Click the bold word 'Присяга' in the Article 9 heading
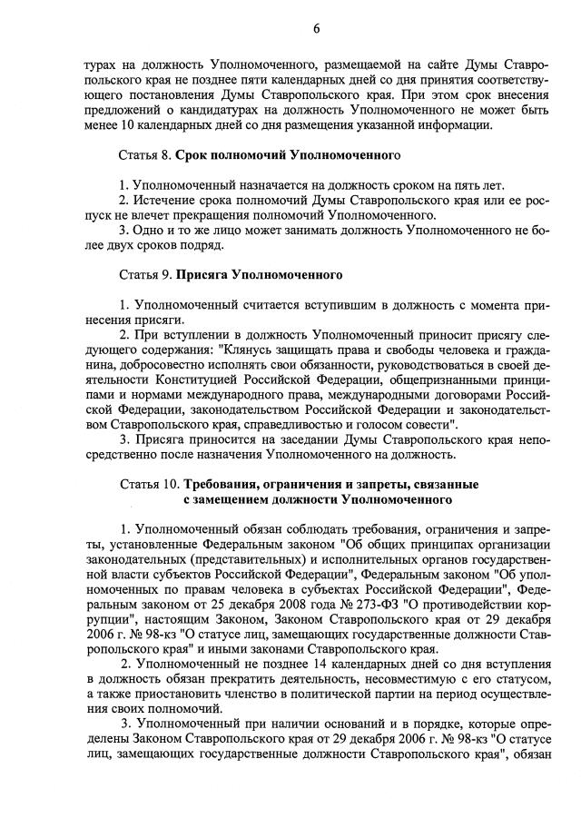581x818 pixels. [202, 273]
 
